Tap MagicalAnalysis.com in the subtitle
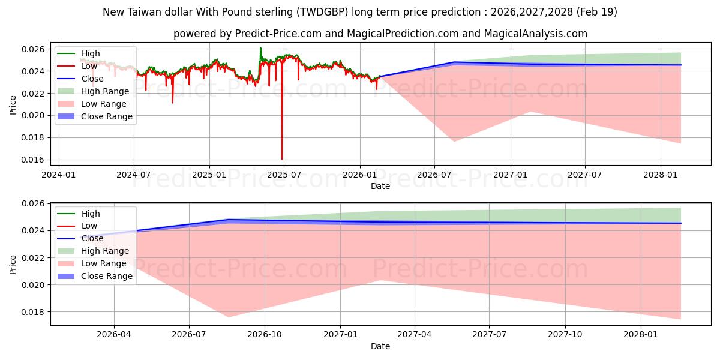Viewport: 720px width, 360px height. point(535,34)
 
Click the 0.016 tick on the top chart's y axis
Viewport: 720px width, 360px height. point(32,160)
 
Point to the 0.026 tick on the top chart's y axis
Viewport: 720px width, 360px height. point(32,49)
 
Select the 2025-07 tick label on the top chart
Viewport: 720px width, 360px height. point(284,175)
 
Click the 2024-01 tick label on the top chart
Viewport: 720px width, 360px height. point(59,175)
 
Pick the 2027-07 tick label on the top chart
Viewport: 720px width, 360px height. point(584,175)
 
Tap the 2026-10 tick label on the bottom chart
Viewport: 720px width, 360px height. point(265,335)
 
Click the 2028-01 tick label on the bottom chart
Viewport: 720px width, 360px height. point(641,335)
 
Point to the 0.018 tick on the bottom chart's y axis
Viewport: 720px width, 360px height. point(32,312)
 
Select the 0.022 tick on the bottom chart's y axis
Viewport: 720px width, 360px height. point(32,258)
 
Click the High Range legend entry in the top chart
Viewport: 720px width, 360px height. point(93,91)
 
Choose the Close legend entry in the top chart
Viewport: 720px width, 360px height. point(80,79)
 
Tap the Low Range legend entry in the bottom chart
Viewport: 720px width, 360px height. point(92,263)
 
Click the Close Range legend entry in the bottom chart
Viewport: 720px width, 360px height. point(95,276)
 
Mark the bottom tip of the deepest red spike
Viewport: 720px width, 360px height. point(282,160)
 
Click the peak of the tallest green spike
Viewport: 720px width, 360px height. point(260,48)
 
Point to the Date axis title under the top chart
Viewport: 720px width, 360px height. point(380,186)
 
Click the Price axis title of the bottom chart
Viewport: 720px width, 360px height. point(13,265)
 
